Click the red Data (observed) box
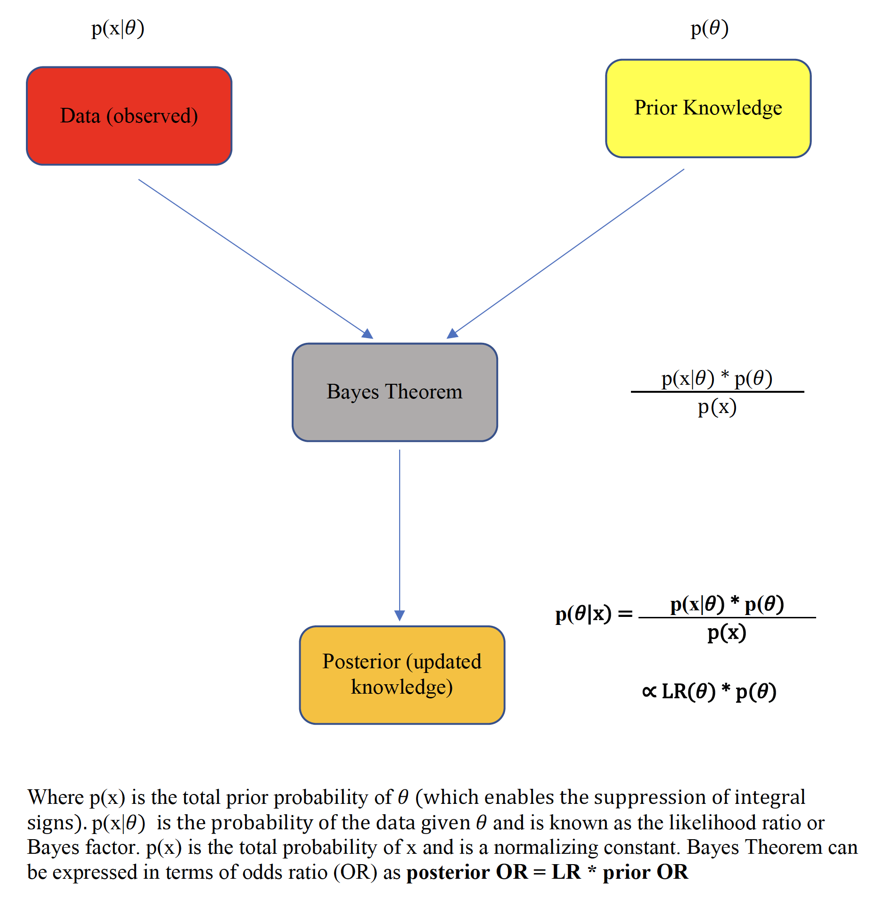coord(129,116)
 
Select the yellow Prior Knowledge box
coord(708,108)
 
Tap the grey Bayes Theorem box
coord(394,392)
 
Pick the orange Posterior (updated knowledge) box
coord(402,674)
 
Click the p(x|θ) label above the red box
coord(118,28)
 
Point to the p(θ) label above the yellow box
coord(710,28)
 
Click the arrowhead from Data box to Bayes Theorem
coord(368,333)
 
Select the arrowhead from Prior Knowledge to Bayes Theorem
coord(452,333)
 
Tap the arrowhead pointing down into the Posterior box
coord(400,615)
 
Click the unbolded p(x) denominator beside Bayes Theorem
coord(717,407)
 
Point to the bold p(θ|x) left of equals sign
coord(583,614)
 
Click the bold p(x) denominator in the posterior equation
coord(727,632)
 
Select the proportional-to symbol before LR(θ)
coord(649,691)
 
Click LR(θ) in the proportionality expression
coord(688,691)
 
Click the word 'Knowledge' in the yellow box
coord(732,108)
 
